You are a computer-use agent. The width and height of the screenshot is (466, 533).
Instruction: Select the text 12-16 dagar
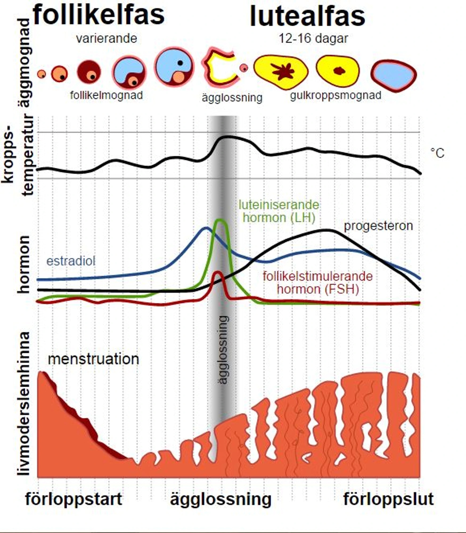(313, 39)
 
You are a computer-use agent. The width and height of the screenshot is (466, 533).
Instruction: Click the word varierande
(107, 39)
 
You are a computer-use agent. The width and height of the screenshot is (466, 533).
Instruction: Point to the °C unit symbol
(438, 153)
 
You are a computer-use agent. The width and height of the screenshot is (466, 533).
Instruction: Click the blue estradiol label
(71, 261)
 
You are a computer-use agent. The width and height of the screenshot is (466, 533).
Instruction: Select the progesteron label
(378, 226)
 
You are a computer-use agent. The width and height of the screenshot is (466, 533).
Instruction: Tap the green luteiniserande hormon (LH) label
(279, 211)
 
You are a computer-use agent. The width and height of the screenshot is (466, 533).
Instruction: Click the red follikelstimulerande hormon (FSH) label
(318, 282)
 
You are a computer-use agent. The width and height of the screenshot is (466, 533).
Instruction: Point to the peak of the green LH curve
(220, 220)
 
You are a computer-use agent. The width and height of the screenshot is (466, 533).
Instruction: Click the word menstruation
(93, 359)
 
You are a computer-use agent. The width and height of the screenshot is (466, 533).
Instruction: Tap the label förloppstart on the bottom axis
(74, 499)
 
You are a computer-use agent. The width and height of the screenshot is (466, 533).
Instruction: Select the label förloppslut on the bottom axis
(389, 499)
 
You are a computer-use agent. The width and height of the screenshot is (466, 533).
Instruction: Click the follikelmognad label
(107, 95)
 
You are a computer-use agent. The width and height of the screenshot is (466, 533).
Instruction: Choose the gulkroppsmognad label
(336, 95)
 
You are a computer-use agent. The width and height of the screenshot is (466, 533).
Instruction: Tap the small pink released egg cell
(243, 68)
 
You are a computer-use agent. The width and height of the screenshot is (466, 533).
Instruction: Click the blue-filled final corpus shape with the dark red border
(394, 76)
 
